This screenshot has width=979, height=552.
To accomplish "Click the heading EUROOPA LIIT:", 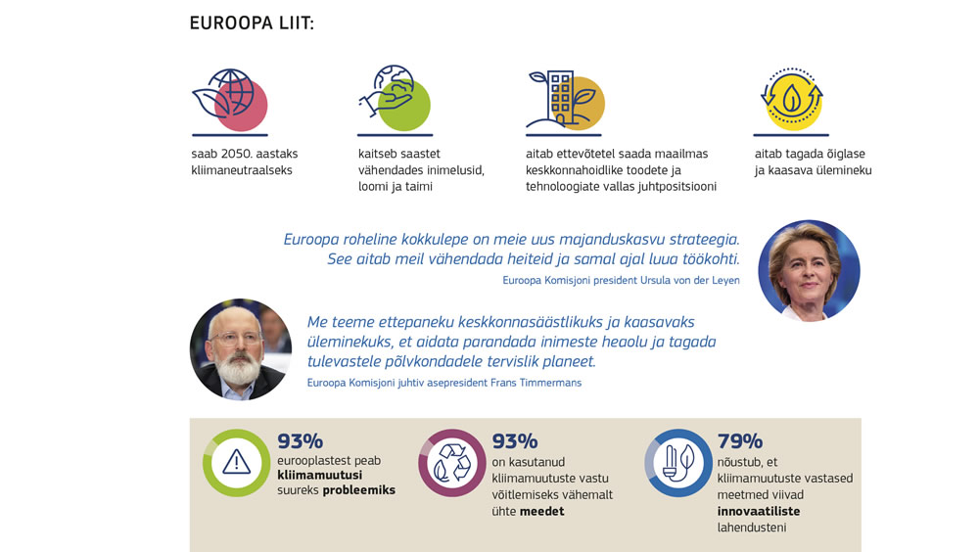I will (252, 23).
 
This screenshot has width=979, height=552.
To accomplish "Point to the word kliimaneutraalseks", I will (242, 170).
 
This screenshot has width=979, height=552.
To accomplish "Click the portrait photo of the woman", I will (809, 271).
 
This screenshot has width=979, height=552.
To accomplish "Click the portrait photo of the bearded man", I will (240, 349).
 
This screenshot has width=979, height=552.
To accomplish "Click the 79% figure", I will (739, 441).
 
